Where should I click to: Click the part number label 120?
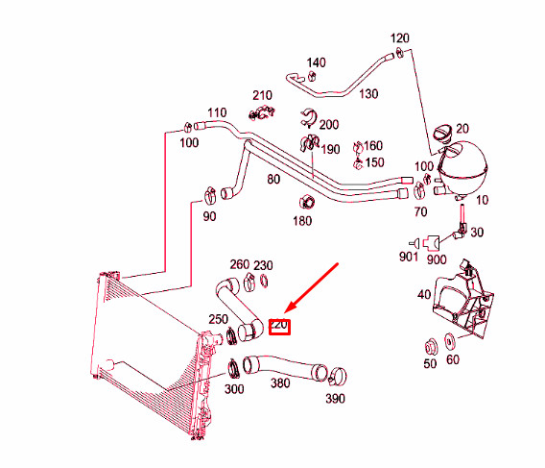tap(400, 38)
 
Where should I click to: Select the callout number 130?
tap(368, 93)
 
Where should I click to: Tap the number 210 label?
tap(262, 95)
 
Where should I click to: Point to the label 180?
tap(302, 221)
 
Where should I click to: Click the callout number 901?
tap(409, 257)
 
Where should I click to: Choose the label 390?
tap(335, 398)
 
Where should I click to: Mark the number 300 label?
tap(233, 389)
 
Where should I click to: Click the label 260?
tap(239, 265)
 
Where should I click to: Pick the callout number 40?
tap(423, 296)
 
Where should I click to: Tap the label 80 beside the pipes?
tap(273, 180)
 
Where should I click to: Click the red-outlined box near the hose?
tap(280, 326)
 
